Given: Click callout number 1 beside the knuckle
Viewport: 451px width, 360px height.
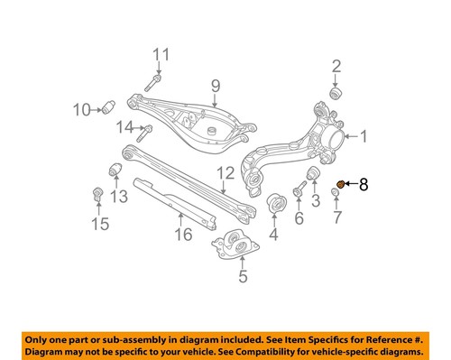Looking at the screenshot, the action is (364, 137).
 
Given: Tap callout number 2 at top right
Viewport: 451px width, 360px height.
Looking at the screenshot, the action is (336, 65).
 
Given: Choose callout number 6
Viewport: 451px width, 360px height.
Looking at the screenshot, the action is (299, 218).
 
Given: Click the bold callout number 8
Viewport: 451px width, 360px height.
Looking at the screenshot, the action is (364, 185).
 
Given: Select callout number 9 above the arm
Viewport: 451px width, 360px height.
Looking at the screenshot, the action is (216, 87).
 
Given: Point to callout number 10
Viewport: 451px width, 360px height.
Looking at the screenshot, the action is (80, 110).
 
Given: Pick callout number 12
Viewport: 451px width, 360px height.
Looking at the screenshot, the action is (225, 172).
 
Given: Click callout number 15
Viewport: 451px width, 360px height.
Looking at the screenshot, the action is (97, 221).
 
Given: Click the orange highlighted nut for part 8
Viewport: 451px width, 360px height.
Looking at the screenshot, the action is (340, 185).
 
